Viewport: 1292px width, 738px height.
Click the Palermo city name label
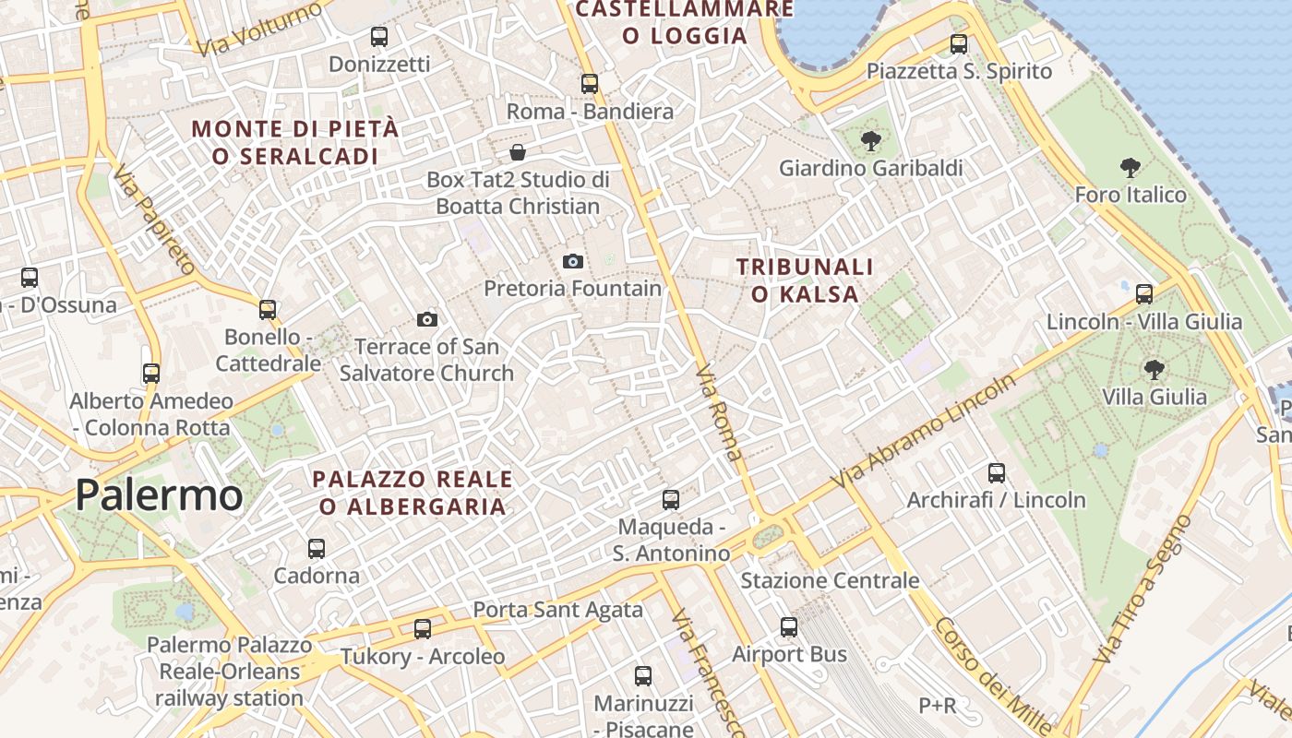click(159, 495)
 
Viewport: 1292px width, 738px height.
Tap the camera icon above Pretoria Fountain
click(573, 262)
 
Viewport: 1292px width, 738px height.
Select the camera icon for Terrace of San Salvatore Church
click(426, 320)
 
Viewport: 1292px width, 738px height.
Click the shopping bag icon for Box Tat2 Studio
click(518, 152)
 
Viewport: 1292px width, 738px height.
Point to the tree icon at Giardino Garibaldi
click(870, 141)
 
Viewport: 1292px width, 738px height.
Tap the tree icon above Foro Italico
click(1130, 168)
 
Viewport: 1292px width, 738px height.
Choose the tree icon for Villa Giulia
click(1154, 370)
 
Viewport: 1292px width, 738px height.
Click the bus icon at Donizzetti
click(379, 37)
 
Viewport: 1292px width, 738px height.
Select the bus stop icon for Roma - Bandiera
click(590, 84)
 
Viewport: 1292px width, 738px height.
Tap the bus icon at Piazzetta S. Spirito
click(959, 43)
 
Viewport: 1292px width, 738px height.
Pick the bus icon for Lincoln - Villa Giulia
click(1144, 294)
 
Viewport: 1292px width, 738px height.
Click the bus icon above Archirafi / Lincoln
click(997, 473)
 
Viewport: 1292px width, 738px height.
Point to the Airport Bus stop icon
click(789, 627)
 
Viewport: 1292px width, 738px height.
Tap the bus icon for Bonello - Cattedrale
click(268, 310)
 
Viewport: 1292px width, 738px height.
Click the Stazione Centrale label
click(830, 581)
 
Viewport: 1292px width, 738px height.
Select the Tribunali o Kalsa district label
click(805, 280)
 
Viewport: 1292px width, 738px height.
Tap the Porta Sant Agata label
click(557, 610)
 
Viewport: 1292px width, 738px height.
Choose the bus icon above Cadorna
click(317, 549)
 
